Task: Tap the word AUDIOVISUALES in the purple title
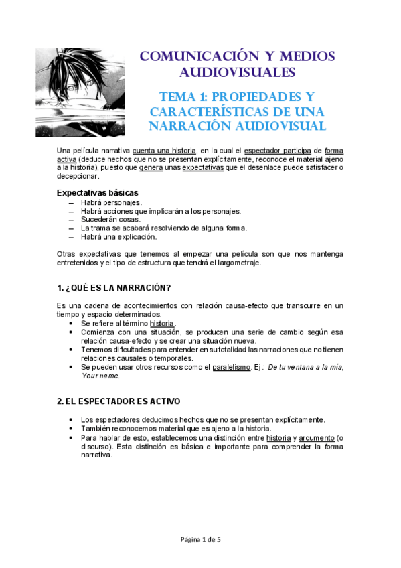237,72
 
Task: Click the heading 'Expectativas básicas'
97,192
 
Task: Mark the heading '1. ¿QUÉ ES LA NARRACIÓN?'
114,288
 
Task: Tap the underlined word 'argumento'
315,437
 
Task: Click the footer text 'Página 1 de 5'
200,539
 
